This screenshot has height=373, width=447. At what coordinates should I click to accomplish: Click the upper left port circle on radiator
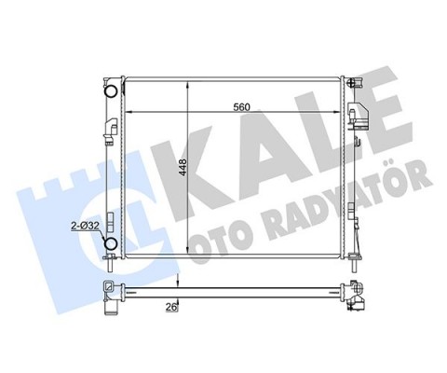111,91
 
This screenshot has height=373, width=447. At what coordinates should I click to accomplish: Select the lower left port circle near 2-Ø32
111,244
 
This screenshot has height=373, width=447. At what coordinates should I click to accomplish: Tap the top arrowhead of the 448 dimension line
189,85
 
